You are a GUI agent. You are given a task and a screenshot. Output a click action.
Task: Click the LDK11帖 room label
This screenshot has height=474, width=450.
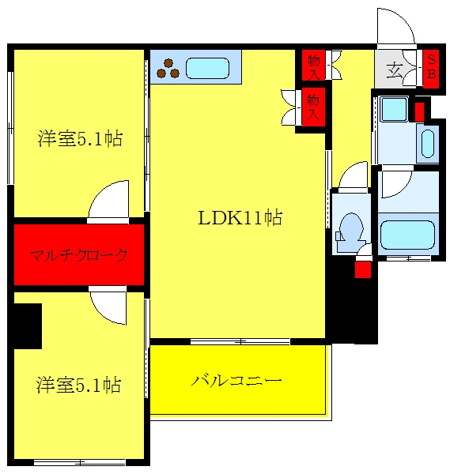tap(240, 217)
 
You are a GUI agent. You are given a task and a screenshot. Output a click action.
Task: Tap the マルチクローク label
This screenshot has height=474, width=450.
tap(78, 255)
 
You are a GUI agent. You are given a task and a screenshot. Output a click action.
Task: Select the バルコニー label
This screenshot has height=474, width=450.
tap(236, 381)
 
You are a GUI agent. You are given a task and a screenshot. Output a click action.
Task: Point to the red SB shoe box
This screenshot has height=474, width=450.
tap(431, 69)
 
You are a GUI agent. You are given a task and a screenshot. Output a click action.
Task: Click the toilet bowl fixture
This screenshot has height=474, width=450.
tap(350, 228)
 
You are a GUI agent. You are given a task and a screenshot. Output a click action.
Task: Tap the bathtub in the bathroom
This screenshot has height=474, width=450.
tap(407, 235)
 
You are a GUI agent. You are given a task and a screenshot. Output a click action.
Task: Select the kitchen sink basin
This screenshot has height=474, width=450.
tap(207, 68)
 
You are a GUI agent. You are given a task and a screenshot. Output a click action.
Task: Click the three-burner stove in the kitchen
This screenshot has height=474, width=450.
tap(168, 69)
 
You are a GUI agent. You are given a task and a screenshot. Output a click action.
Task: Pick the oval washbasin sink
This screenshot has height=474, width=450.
tap(428, 144)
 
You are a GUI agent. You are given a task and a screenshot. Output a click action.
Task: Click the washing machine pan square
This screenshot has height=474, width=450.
tap(394, 109)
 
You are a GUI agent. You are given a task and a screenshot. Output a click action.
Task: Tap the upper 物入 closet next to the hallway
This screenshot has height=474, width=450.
tap(314, 66)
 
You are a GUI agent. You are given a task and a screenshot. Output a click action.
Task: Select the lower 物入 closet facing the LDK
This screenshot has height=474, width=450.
tap(313, 107)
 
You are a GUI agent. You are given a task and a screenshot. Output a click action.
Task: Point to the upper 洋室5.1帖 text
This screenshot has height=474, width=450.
tap(80, 139)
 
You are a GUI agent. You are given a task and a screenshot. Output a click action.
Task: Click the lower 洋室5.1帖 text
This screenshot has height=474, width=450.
tap(78, 385)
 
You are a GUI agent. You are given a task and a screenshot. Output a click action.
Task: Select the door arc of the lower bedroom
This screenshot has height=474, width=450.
tap(103, 313)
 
